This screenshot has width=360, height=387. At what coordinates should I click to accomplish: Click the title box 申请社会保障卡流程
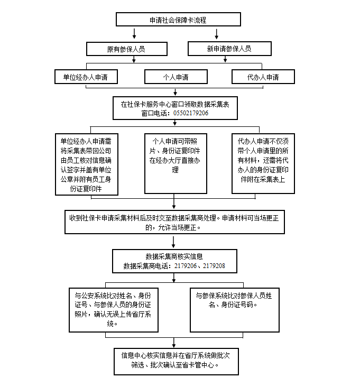(x=178, y=20)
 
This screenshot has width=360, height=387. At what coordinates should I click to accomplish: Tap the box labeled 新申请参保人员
(x=229, y=49)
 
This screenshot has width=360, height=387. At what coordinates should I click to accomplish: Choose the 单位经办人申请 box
(x=86, y=77)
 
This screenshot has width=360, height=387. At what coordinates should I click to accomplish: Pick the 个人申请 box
(x=176, y=77)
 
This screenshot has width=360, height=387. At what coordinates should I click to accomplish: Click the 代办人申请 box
(x=263, y=77)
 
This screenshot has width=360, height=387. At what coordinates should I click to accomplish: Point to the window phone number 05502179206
(x=189, y=113)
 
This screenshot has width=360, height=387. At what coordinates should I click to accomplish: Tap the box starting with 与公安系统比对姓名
(x=114, y=309)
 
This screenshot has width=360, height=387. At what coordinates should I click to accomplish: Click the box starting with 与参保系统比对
(x=234, y=309)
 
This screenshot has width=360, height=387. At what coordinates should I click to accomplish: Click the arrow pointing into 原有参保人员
(x=134, y=35)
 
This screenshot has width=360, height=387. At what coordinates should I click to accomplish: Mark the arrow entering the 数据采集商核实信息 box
(x=174, y=243)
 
